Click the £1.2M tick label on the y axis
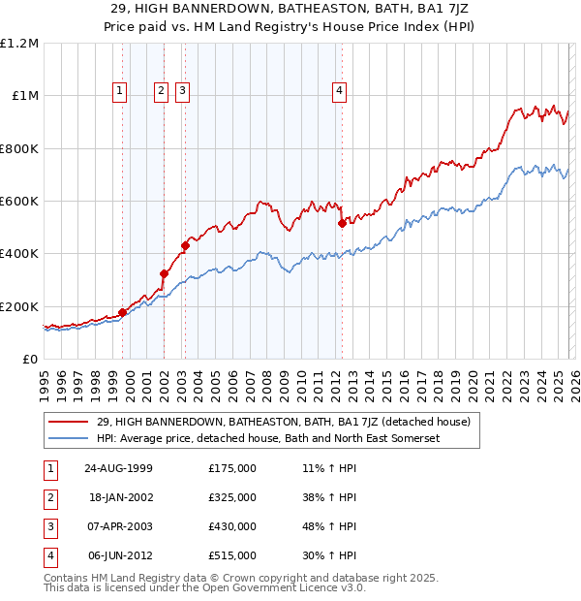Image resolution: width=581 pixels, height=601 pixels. point(19,44)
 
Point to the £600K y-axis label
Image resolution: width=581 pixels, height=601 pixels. point(19,202)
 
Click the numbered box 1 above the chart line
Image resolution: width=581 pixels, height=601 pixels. point(119,91)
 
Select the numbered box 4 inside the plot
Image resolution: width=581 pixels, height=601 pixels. point(340,91)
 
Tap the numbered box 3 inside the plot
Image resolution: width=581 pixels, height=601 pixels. point(182,91)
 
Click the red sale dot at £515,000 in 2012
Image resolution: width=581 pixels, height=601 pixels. point(342,224)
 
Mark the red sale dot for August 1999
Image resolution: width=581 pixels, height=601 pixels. point(123,313)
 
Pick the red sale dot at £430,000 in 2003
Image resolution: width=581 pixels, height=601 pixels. point(185,246)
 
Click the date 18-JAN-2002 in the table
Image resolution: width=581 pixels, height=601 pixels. point(120,497)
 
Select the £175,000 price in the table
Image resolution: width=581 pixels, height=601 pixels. point(232,468)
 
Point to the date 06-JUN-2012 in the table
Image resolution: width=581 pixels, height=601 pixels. point(120,555)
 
